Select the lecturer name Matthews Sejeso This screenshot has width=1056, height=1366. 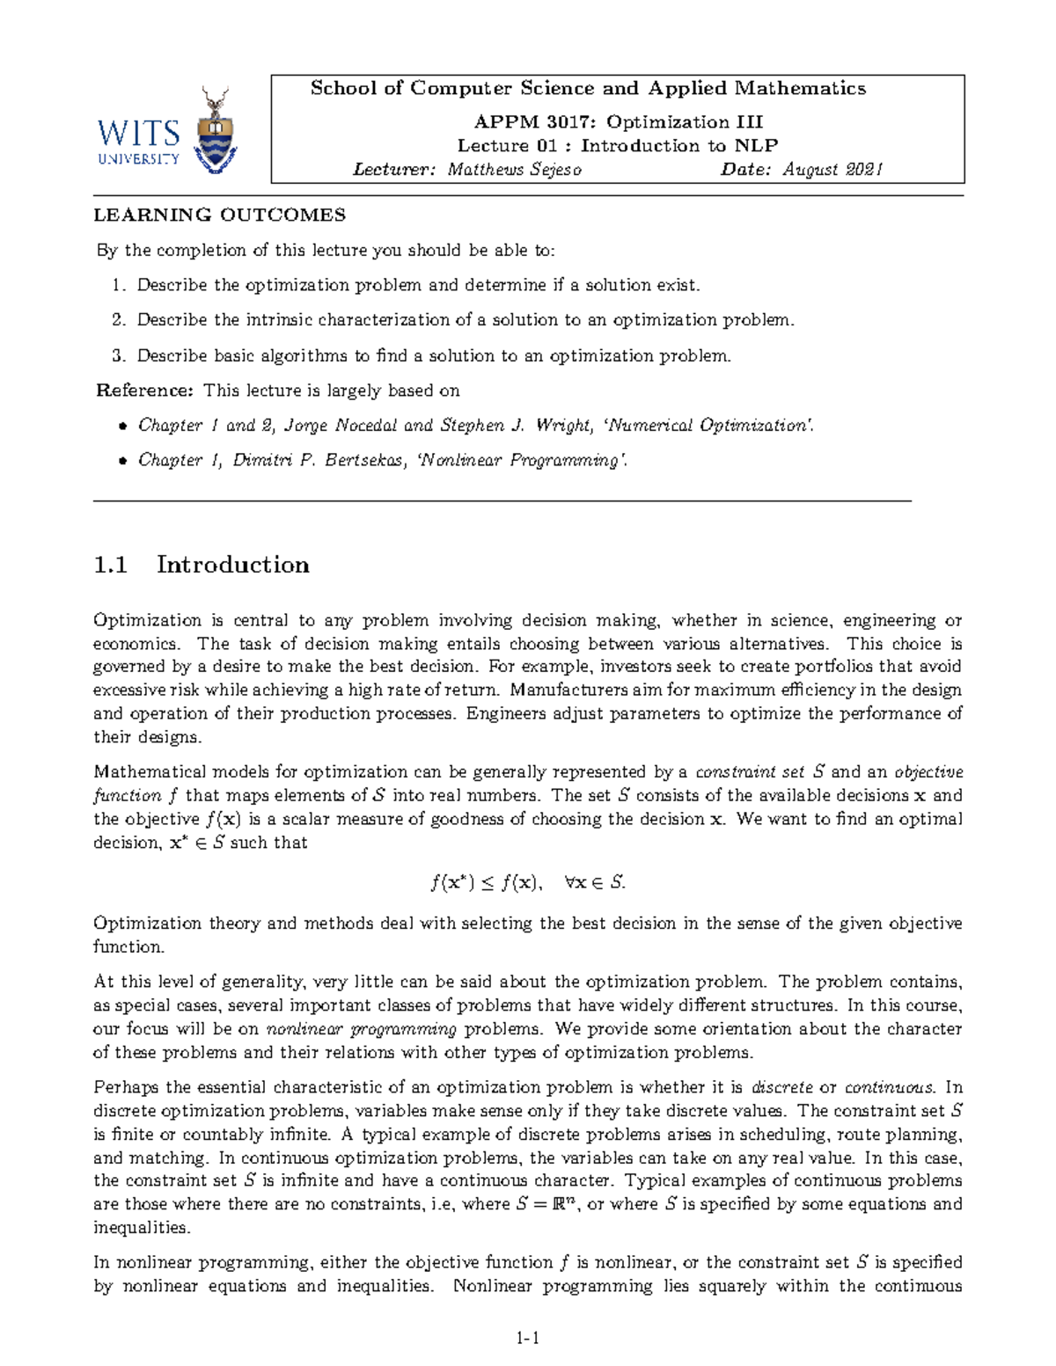tap(514, 170)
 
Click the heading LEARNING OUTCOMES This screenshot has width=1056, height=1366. tap(220, 215)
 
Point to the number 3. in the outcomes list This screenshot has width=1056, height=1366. tap(119, 356)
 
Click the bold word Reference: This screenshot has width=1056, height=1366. tap(144, 391)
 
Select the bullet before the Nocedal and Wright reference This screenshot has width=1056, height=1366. tap(123, 427)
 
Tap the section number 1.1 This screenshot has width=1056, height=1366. tap(111, 565)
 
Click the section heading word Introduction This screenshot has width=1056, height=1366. tap(233, 565)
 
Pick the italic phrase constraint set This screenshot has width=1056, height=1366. tap(750, 772)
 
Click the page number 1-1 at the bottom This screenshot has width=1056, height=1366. tap(528, 1339)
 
